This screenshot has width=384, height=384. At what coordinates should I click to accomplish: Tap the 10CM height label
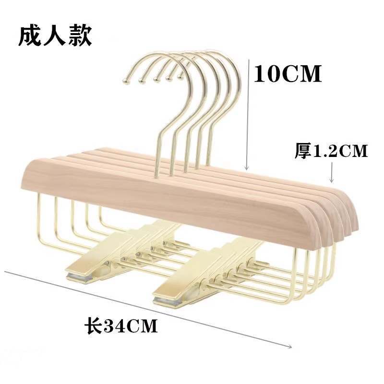point(288,74)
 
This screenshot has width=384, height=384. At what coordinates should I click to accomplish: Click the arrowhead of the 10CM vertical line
point(247,168)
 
